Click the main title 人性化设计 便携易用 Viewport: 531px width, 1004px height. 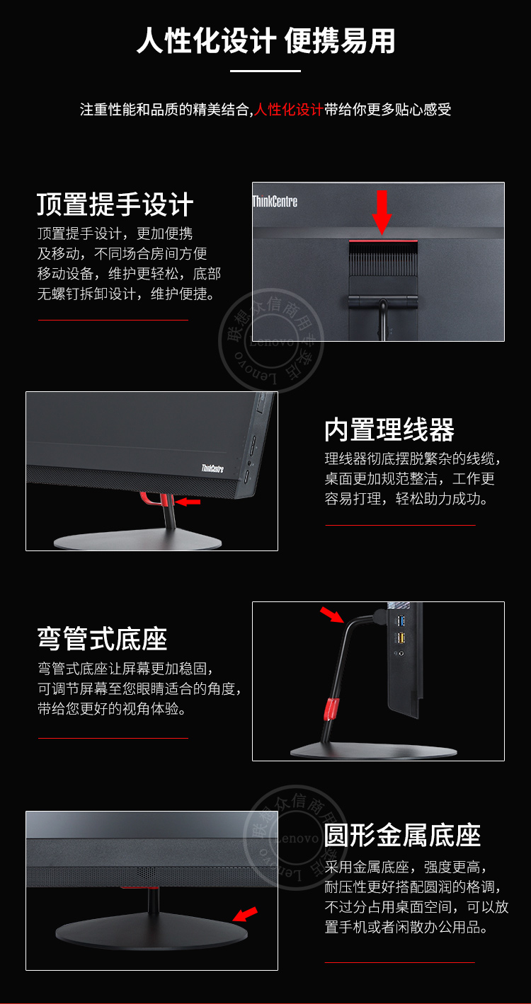[x=265, y=42]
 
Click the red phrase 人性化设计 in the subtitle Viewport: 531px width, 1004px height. [x=289, y=110]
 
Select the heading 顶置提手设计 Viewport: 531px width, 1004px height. [x=115, y=204]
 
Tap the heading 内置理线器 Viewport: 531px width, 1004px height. [x=389, y=429]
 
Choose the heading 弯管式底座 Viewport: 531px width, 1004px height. [x=103, y=639]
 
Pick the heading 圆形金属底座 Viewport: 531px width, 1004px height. [x=402, y=835]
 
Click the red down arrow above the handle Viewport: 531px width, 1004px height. [x=382, y=212]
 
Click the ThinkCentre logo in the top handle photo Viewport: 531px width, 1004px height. [x=275, y=202]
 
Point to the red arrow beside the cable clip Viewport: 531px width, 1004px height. [x=188, y=502]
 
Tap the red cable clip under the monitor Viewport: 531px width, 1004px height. [x=157, y=500]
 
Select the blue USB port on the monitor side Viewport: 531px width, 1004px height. [x=401, y=621]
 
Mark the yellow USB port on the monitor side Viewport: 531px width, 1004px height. [x=401, y=638]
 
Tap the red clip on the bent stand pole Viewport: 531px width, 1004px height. [x=330, y=708]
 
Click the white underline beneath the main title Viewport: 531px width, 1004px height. [x=265, y=71]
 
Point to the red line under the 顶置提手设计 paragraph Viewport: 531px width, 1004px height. [x=113, y=320]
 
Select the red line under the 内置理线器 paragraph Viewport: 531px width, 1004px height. [x=400, y=525]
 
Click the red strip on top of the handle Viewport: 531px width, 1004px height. [x=382, y=242]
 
